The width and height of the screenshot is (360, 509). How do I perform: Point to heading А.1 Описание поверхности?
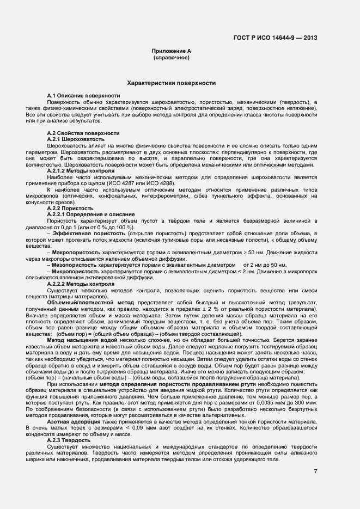[x=83, y=96]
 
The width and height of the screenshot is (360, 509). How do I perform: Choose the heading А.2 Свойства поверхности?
[x=83, y=133]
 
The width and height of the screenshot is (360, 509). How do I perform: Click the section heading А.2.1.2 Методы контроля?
[x=81, y=170]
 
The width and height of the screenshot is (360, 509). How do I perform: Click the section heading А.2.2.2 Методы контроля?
[x=81, y=284]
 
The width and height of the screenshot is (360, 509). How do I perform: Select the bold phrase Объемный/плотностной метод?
[x=90, y=302]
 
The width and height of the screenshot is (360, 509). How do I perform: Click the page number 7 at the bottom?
[x=315, y=471]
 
